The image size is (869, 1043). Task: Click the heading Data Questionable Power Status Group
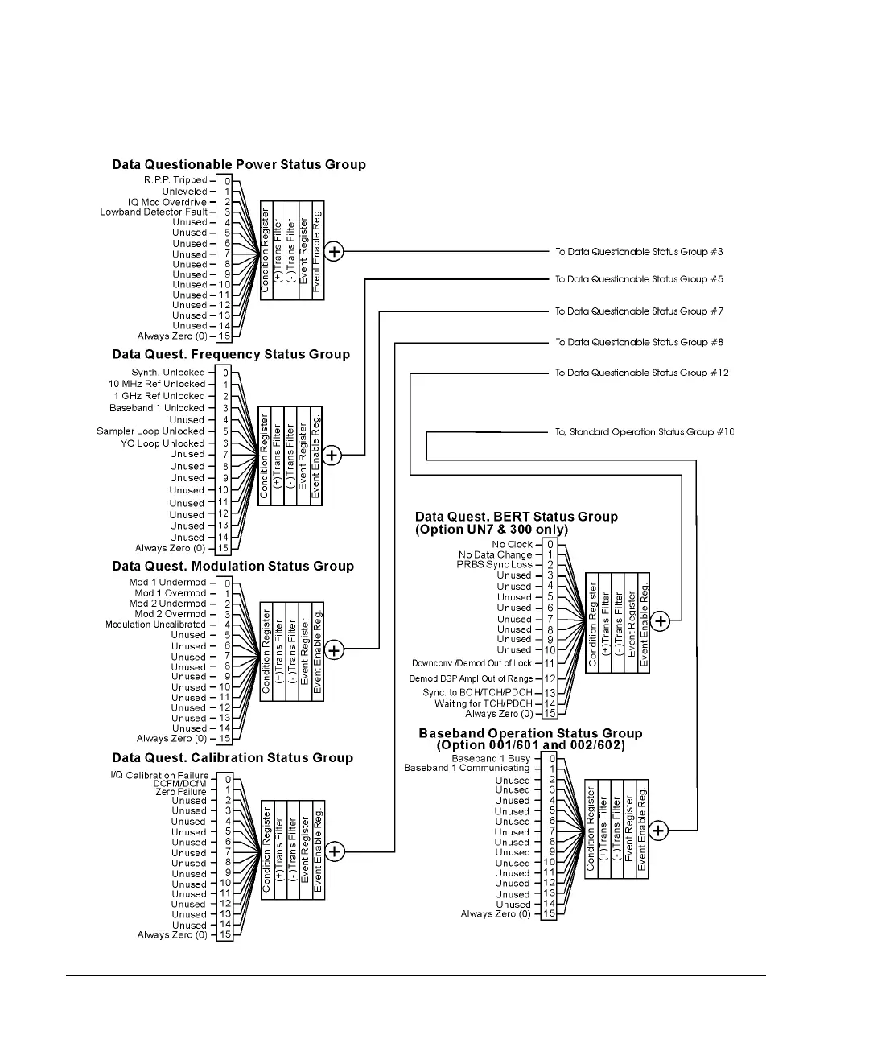click(x=239, y=165)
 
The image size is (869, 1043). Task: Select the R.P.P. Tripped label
click(x=175, y=180)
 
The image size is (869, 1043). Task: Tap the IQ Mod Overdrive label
click(x=167, y=202)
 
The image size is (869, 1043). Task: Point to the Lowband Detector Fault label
click(x=154, y=212)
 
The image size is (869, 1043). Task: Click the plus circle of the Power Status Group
click(x=334, y=251)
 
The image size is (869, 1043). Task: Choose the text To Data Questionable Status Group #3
click(x=639, y=252)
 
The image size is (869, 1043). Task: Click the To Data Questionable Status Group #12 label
click(x=642, y=373)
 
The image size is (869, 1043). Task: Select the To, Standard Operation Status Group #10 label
click(x=645, y=432)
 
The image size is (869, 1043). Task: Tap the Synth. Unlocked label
click(x=168, y=373)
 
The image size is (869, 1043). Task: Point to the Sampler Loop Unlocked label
click(x=150, y=431)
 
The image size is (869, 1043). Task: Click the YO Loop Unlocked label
click(x=163, y=443)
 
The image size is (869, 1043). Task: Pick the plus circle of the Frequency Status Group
click(x=332, y=456)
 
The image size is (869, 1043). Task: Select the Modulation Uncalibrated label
click(x=155, y=625)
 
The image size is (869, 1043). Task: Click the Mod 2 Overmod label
click(x=170, y=614)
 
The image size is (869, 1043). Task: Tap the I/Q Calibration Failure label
click(x=159, y=776)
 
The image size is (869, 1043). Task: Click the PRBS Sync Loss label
click(x=495, y=565)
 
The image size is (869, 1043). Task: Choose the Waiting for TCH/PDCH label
click(x=484, y=703)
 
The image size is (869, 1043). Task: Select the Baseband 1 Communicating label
click(x=467, y=768)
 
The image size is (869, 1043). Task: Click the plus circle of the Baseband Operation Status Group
click(x=658, y=831)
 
